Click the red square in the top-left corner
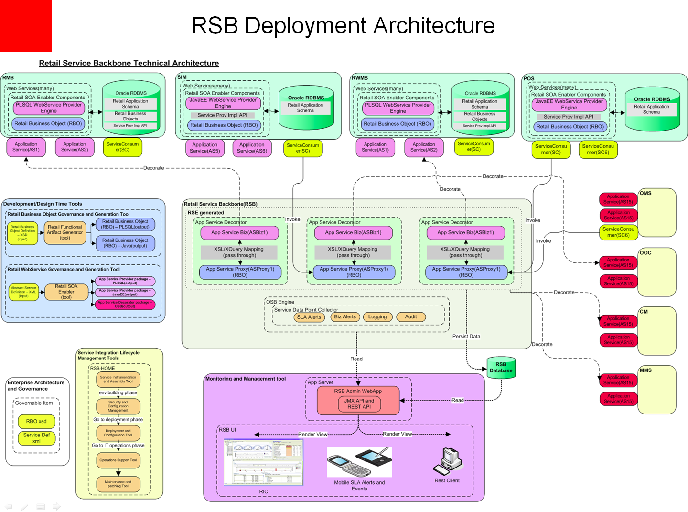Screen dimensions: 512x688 point(25,25)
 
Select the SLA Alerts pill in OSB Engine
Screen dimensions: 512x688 point(309,317)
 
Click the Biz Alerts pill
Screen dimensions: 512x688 point(345,317)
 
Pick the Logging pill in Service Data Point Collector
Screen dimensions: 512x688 point(377,317)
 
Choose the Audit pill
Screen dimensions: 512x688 point(411,317)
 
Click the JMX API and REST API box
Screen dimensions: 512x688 point(359,404)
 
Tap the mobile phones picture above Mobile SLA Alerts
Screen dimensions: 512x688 point(359,462)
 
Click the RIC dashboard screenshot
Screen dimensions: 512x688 point(263,462)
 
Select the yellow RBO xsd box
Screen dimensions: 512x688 point(36,421)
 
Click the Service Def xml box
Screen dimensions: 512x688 point(36,438)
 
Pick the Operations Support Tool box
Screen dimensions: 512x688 point(118,460)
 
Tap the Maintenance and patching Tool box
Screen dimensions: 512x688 point(118,484)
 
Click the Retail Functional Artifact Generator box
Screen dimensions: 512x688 point(64,232)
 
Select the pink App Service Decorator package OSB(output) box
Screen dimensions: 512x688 point(125,305)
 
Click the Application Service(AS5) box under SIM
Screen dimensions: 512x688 point(205,148)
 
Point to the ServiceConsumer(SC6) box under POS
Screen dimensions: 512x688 point(598,149)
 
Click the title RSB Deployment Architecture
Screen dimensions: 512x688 point(343,25)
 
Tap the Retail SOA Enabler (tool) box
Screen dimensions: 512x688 point(66,292)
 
